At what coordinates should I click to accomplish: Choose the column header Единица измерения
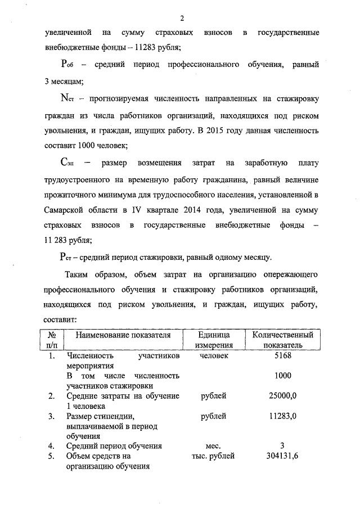point(214,340)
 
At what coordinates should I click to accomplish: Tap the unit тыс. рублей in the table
point(213,456)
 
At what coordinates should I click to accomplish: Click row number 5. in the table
point(51,456)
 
